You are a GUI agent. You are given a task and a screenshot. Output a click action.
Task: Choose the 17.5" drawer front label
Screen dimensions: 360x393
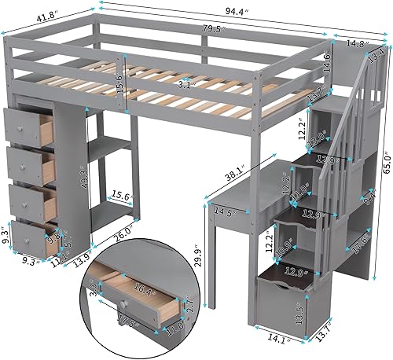[126, 320]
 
